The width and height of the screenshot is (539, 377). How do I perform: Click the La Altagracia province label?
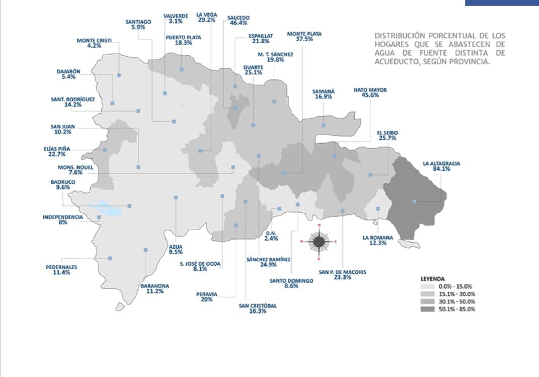coord(434,164)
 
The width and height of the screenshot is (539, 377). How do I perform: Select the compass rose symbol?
coord(319,242)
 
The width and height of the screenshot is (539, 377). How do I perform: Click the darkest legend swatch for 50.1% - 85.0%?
coord(427,309)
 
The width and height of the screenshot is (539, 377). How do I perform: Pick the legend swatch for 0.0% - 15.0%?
coord(427,286)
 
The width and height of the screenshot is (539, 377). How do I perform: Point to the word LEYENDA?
coord(432,278)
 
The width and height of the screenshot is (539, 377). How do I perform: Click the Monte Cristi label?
coord(94,40)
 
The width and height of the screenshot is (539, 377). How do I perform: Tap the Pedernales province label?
coord(61,267)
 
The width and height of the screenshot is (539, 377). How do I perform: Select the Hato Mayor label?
coord(370,90)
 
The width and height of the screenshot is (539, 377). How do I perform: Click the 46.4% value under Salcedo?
coord(238,23)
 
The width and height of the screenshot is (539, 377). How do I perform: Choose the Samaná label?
coord(323,91)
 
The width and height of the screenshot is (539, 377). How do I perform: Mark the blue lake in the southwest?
coord(104,208)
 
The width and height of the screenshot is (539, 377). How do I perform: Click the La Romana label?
coord(377,238)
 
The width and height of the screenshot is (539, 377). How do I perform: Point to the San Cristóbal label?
coord(257,306)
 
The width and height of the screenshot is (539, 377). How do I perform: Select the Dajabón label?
coord(68,71)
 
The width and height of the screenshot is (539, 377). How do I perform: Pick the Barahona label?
coord(155,285)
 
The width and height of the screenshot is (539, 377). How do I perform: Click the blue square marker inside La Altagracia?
coord(414,201)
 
